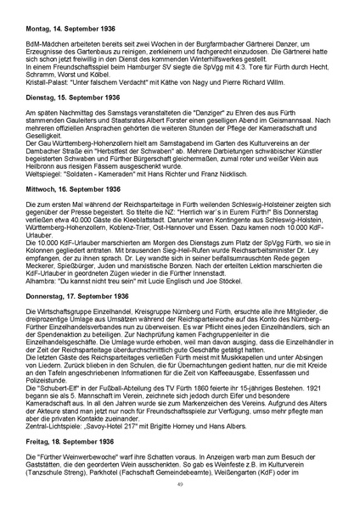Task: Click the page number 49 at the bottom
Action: [180, 485]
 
